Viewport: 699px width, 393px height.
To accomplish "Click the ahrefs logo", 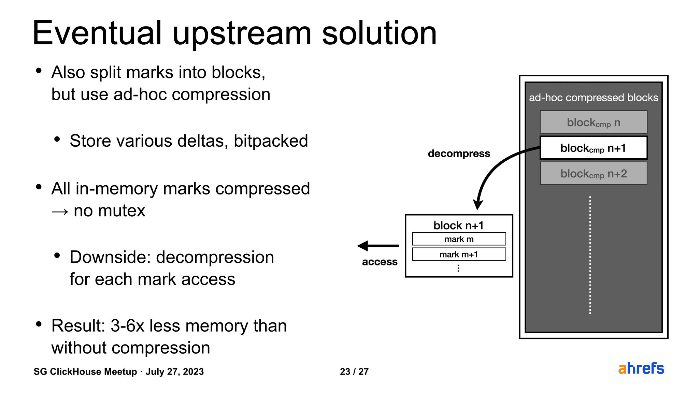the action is [641, 368].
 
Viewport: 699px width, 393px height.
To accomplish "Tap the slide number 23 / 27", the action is [354, 372].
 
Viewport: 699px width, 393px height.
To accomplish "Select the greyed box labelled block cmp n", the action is [594, 122].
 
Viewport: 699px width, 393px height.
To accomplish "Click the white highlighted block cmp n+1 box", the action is [594, 148].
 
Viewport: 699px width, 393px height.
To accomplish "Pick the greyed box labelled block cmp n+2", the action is [594, 173].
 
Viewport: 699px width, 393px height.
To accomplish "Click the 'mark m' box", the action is [459, 239].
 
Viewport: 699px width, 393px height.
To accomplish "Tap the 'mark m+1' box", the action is [459, 254].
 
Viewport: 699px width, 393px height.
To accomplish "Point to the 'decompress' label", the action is [459, 154].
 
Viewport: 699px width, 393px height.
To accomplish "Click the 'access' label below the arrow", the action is [380, 262].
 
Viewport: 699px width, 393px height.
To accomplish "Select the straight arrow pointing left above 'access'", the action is [378, 246].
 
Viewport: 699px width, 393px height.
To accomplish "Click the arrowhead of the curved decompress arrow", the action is [478, 205].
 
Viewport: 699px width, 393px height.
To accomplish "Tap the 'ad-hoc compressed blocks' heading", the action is [594, 98].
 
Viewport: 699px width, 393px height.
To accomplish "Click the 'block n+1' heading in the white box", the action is [459, 225].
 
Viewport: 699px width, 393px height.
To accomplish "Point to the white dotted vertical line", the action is [590, 255].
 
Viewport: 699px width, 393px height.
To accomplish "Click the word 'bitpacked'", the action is [271, 141].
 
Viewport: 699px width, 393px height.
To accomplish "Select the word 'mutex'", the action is [122, 211].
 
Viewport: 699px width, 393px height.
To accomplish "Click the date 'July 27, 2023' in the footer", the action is [175, 372].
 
